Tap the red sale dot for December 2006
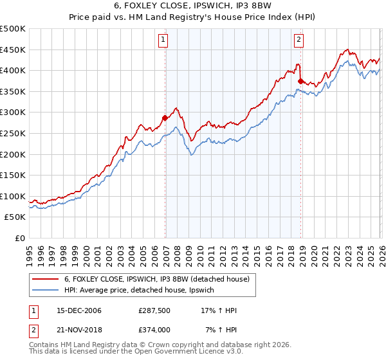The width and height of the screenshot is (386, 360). click(x=165, y=118)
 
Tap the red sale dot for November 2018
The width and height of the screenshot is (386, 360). click(x=301, y=81)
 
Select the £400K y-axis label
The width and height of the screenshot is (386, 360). click(x=13, y=70)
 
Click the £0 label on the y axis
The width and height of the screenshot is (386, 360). click(x=19, y=239)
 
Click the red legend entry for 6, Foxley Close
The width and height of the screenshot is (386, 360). click(x=156, y=278)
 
